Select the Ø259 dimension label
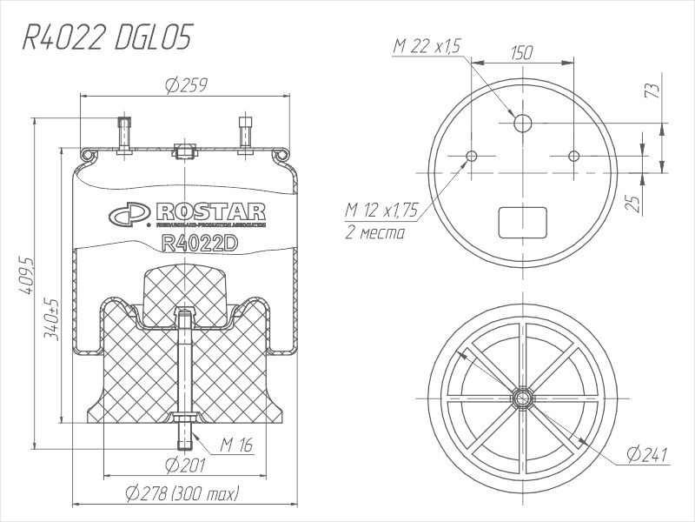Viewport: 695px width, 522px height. (x=183, y=85)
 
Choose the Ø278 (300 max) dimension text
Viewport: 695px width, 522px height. (x=182, y=493)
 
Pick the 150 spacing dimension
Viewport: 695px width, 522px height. (x=521, y=54)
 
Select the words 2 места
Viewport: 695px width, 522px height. (x=374, y=232)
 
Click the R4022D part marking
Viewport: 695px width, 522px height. (x=200, y=244)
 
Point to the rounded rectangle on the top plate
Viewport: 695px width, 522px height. (x=522, y=222)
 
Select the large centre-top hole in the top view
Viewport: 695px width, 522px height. (x=522, y=123)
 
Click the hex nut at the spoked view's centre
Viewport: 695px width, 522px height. (x=522, y=398)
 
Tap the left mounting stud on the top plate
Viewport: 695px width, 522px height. (x=123, y=135)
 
